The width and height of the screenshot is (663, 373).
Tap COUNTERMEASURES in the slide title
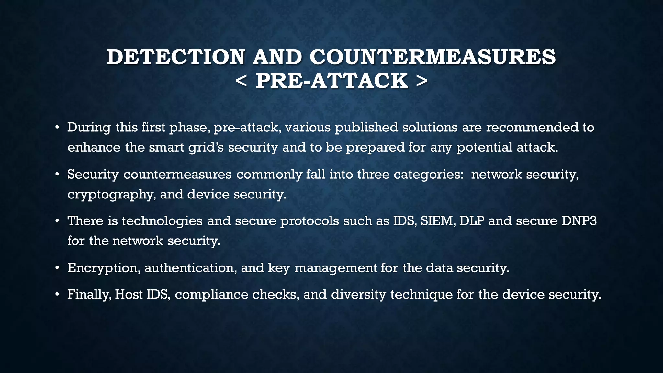point(433,57)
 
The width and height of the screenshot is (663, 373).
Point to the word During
point(89,127)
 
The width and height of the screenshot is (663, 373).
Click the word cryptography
point(110,195)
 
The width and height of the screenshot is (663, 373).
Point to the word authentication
point(190,268)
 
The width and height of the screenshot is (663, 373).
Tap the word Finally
point(89,295)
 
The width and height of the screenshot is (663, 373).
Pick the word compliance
point(211,295)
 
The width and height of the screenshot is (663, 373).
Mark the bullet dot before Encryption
point(57,268)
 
